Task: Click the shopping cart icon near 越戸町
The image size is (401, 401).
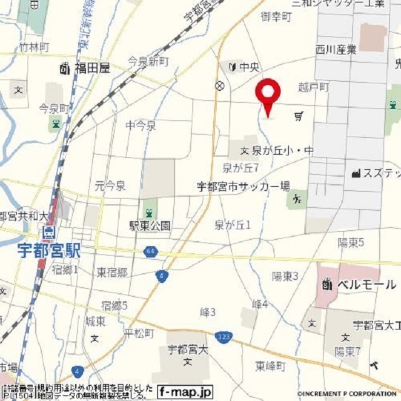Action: [x=299, y=116]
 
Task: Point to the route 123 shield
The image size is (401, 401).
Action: [x=222, y=338]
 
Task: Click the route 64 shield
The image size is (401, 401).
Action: [x=149, y=252]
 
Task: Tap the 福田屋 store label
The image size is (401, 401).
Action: [x=91, y=68]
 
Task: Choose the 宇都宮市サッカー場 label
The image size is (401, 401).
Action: [x=243, y=186]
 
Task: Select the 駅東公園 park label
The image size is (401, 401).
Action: [x=150, y=226]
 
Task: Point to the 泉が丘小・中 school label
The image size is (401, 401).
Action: [x=283, y=150]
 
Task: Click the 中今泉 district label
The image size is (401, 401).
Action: [x=140, y=126]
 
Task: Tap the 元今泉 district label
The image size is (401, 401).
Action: [x=110, y=185]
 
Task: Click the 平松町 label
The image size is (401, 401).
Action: [x=138, y=333]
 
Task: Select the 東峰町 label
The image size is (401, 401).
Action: [x=270, y=366]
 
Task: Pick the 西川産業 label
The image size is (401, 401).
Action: [x=336, y=49]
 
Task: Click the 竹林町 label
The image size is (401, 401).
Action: [x=34, y=48]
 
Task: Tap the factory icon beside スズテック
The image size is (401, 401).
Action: [x=357, y=173]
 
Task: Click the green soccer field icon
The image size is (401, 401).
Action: [x=296, y=200]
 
